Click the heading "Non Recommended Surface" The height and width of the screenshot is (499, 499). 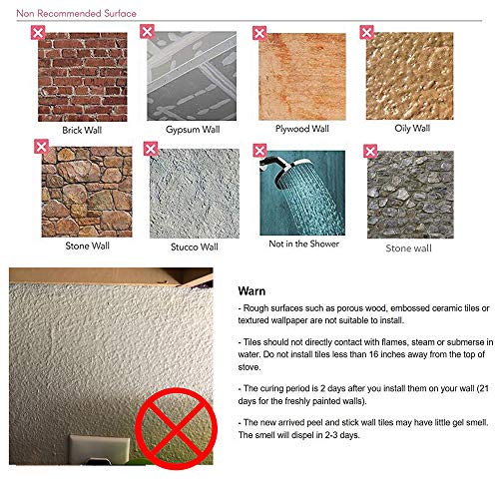pos(76,14)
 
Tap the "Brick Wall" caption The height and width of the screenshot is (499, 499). pos(82,130)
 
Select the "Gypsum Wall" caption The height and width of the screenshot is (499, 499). pos(193,130)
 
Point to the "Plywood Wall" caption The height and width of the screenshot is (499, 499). pos(302,129)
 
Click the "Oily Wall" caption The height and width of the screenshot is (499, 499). pos(412,129)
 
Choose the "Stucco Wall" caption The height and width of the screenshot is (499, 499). pos(195,247)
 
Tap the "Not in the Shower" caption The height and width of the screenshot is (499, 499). pos(303,244)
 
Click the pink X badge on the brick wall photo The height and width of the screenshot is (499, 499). pos(38,33)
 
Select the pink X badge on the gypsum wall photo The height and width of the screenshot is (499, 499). pos(147,31)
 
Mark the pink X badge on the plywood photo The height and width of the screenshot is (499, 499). pos(259,33)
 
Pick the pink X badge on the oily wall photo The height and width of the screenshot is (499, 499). pos(366,32)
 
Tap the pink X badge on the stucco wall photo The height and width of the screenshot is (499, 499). pos(151,149)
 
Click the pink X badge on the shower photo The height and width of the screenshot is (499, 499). pos(259,151)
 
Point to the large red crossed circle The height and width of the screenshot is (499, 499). pos(177,428)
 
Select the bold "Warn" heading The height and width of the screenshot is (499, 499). pos(251,291)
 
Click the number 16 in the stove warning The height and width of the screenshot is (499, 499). pos(374,354)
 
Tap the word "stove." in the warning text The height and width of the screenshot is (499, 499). pos(249,367)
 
